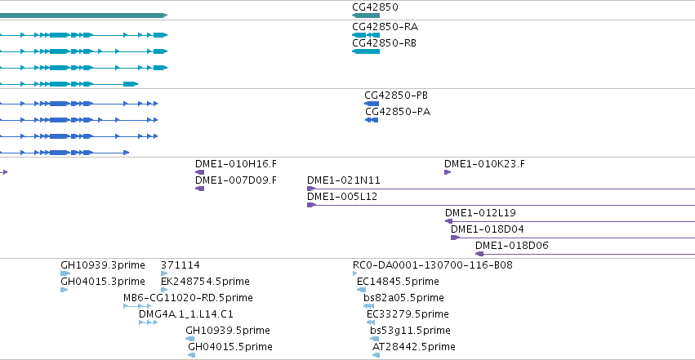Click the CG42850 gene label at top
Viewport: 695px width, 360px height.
[375, 7]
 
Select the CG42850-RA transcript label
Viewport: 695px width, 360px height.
[385, 27]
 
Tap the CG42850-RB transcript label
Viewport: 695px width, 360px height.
[385, 43]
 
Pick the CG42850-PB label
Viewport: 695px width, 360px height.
[396, 96]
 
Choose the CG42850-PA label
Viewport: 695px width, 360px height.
[398, 112]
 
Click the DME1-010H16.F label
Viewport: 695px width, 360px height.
[236, 164]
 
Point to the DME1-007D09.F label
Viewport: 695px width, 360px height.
[236, 180]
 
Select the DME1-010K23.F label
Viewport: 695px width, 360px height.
[484, 164]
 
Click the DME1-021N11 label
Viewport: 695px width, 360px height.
[344, 180]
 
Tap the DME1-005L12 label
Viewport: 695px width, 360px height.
[342, 197]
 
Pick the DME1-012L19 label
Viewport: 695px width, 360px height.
[480, 213]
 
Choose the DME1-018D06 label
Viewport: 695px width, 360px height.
[511, 246]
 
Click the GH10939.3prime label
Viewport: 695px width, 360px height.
[103, 265]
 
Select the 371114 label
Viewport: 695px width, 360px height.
[180, 265]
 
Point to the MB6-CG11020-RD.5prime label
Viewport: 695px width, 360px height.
[188, 298]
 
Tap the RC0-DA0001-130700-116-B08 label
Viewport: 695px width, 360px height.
[433, 265]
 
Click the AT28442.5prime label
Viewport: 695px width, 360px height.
[413, 347]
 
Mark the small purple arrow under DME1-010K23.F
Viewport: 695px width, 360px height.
[448, 172]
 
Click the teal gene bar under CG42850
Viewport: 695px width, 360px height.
[366, 16]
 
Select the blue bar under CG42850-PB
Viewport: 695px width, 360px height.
[372, 104]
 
